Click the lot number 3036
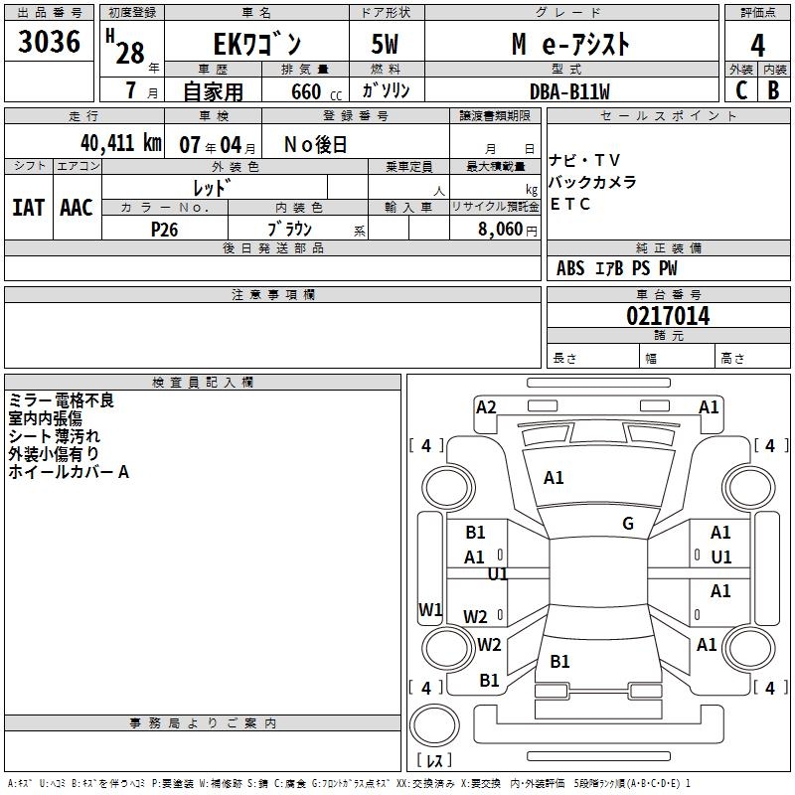(50, 43)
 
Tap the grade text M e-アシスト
(570, 45)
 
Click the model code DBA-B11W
(568, 91)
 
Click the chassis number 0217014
(667, 316)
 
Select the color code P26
(164, 229)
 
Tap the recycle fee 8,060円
(508, 229)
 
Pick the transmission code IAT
(28, 208)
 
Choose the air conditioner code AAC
(77, 208)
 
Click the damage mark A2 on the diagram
(486, 406)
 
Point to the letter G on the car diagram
(628, 524)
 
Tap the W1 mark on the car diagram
(430, 609)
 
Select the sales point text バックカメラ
(592, 183)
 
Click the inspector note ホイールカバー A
(69, 472)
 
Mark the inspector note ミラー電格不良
(62, 400)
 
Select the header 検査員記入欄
(203, 382)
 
